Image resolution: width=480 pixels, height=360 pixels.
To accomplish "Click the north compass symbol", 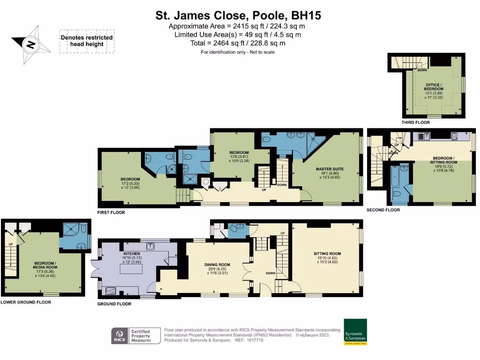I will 31,45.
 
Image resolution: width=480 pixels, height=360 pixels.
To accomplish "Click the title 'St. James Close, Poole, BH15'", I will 239,15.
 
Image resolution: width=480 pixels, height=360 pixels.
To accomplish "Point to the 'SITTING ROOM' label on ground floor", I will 327,254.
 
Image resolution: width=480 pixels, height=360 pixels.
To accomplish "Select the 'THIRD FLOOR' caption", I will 416,122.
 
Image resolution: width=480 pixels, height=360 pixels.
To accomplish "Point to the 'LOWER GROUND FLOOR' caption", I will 26,302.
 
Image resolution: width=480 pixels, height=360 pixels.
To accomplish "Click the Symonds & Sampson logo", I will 355,332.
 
